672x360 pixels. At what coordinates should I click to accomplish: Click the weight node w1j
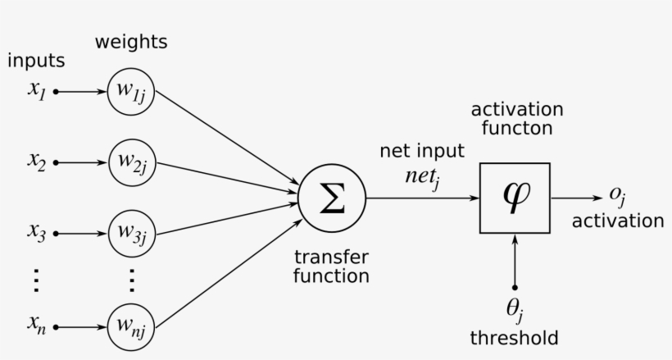130,92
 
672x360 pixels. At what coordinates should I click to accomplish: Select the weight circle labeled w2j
130,162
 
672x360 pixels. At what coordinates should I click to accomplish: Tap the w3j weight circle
130,232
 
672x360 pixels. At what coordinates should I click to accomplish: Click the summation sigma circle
331,198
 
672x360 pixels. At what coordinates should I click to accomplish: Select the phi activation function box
515,198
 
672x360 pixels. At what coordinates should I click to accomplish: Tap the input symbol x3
34,232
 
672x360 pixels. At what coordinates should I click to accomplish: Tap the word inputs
35,61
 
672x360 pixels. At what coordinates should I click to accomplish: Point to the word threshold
514,338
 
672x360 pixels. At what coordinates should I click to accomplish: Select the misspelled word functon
516,129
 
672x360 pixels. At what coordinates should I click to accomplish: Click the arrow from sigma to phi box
422,198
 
